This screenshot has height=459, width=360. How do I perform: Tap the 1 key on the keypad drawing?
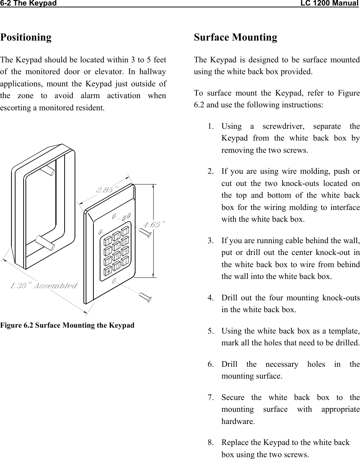point(108,241)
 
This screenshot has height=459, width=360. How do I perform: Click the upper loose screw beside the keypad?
point(145,232)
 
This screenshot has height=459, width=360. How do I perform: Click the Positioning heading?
point(26,37)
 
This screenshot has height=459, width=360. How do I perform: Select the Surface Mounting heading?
point(235,37)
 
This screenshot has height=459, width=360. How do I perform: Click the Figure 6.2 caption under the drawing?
point(67,325)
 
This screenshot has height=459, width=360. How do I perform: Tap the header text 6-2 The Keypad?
point(28,4)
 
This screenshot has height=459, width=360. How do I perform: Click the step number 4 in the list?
point(210,298)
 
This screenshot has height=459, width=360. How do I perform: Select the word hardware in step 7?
point(238,421)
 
